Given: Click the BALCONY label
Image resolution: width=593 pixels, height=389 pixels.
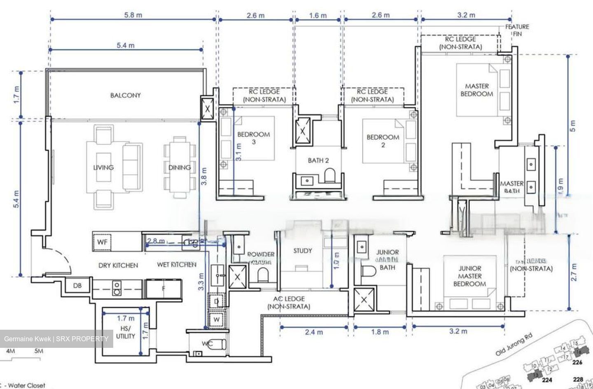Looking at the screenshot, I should click(125, 95).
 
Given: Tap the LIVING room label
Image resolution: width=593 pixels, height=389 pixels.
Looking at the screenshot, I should click(103, 167).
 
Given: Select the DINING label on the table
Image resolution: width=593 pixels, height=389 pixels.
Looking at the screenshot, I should click(179, 167).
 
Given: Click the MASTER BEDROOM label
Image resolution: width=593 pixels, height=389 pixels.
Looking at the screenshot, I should click(476, 90).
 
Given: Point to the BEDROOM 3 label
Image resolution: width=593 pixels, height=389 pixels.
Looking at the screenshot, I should click(253, 138).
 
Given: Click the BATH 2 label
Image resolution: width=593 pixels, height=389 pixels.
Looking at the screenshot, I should click(318, 160).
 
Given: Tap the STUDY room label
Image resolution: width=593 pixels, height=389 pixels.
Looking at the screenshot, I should click(302, 251).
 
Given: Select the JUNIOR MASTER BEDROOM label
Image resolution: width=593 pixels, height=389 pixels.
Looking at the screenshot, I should click(469, 276).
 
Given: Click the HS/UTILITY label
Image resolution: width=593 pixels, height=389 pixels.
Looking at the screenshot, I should click(125, 332).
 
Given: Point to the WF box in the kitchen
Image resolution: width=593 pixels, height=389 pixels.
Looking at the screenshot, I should click(102, 242).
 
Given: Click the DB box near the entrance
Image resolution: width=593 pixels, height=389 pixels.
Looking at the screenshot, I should click(77, 285).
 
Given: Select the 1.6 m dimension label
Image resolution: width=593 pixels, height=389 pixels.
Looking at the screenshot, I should click(318, 15).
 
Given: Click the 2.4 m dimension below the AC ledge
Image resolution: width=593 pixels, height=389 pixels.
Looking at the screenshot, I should click(314, 331).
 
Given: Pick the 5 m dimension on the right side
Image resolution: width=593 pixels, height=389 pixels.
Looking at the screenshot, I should click(573, 125).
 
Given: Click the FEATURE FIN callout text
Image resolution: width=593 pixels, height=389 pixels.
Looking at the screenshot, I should click(517, 30).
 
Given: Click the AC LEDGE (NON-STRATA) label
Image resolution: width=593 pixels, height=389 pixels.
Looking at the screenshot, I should click(289, 303).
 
